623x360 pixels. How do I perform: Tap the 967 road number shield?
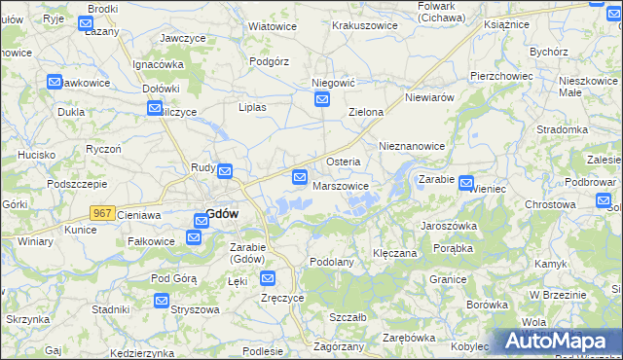102,212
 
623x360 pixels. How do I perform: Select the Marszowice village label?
341,186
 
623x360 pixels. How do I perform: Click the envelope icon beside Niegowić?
322,99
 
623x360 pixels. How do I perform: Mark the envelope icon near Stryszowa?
161,302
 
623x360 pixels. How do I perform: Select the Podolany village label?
331,262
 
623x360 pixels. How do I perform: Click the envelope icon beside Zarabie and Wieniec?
466,181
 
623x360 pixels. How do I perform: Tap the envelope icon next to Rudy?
225,172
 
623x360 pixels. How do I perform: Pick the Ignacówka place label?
159,65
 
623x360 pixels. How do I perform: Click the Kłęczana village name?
395,253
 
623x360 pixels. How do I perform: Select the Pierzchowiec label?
500,75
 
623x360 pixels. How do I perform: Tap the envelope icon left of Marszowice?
300,177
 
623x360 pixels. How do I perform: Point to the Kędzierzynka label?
142,353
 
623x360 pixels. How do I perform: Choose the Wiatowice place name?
273,26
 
